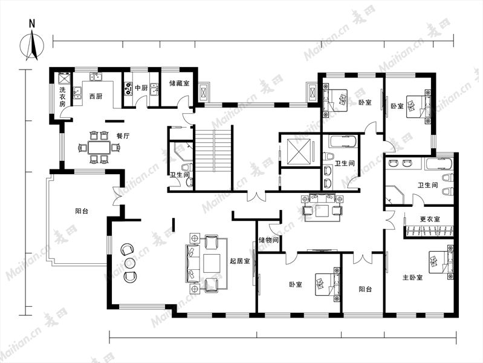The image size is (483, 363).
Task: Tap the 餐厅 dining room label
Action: click(x=123, y=136)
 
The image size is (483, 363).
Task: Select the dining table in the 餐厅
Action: click(x=99, y=148)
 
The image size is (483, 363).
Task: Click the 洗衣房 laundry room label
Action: click(x=62, y=97)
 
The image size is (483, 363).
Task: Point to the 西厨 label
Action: click(x=96, y=96)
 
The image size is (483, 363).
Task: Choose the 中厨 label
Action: click(x=141, y=88)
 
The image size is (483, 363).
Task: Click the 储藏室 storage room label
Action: click(x=180, y=83)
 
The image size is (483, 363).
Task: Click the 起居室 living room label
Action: click(x=239, y=261)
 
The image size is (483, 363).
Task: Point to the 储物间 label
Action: click(x=268, y=240)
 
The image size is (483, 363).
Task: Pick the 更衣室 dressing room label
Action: click(x=430, y=219)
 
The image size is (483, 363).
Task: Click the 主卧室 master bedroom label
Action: click(x=413, y=277)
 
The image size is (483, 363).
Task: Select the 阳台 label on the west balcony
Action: click(x=82, y=211)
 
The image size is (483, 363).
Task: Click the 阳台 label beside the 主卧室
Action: click(x=365, y=289)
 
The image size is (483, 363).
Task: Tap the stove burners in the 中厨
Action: click(x=128, y=88)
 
